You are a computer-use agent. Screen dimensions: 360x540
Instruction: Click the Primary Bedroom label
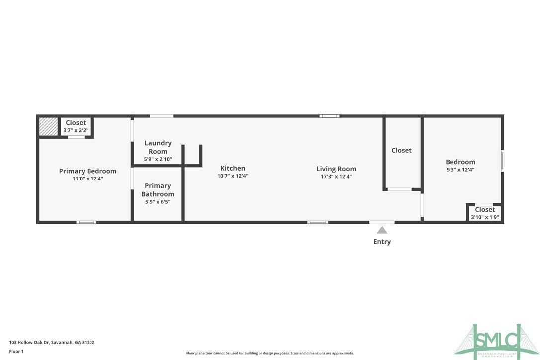[88, 171]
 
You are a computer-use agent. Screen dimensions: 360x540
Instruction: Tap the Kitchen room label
[233, 168]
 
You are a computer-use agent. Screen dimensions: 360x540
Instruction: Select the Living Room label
[336, 169]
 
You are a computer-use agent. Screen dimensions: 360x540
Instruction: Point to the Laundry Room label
[158, 147]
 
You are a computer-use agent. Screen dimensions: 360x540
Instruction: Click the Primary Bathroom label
[158, 190]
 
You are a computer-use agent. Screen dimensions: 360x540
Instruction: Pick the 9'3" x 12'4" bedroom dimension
[460, 170]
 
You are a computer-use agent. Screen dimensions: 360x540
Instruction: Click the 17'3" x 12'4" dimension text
[336, 176]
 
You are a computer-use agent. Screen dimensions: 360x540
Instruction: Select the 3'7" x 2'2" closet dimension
[76, 130]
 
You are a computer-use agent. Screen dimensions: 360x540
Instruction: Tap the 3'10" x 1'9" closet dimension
[485, 217]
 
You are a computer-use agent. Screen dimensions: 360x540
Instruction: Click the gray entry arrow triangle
[382, 230]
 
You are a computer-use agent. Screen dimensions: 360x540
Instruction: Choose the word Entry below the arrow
[382, 242]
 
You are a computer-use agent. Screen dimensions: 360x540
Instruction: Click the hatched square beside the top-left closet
[49, 126]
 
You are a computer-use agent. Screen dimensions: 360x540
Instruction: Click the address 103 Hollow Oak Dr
[52, 342]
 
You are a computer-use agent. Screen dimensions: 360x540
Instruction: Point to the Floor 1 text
[16, 351]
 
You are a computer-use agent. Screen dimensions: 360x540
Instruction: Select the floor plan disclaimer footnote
[270, 353]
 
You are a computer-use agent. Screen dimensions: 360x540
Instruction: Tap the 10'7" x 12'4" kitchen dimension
[233, 176]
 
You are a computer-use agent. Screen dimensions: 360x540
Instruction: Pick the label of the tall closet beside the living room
[401, 150]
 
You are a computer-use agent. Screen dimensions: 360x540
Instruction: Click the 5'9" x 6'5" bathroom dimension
[158, 202]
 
